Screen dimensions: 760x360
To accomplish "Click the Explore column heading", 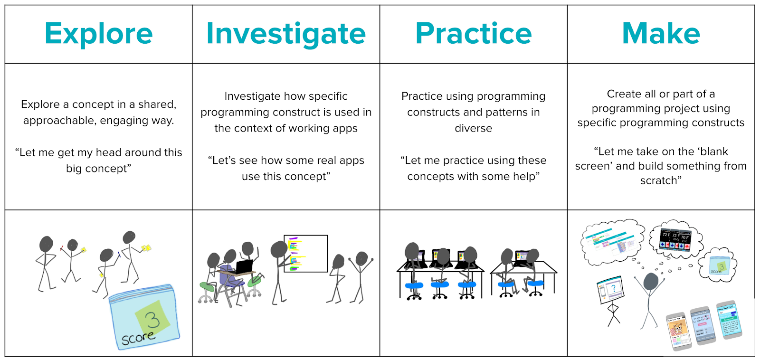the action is point(98,34).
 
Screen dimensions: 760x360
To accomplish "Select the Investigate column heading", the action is point(286,34).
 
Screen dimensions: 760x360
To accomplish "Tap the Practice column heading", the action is point(474,34).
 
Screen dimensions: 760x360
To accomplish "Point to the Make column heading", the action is point(661,34).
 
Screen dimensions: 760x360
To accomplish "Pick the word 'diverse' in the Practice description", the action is point(473,128).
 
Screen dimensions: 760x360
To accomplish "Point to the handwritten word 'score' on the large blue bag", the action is point(138,338).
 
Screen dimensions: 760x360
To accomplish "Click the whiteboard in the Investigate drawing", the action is point(306,254).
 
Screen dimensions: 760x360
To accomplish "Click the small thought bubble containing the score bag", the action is point(719,265).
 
